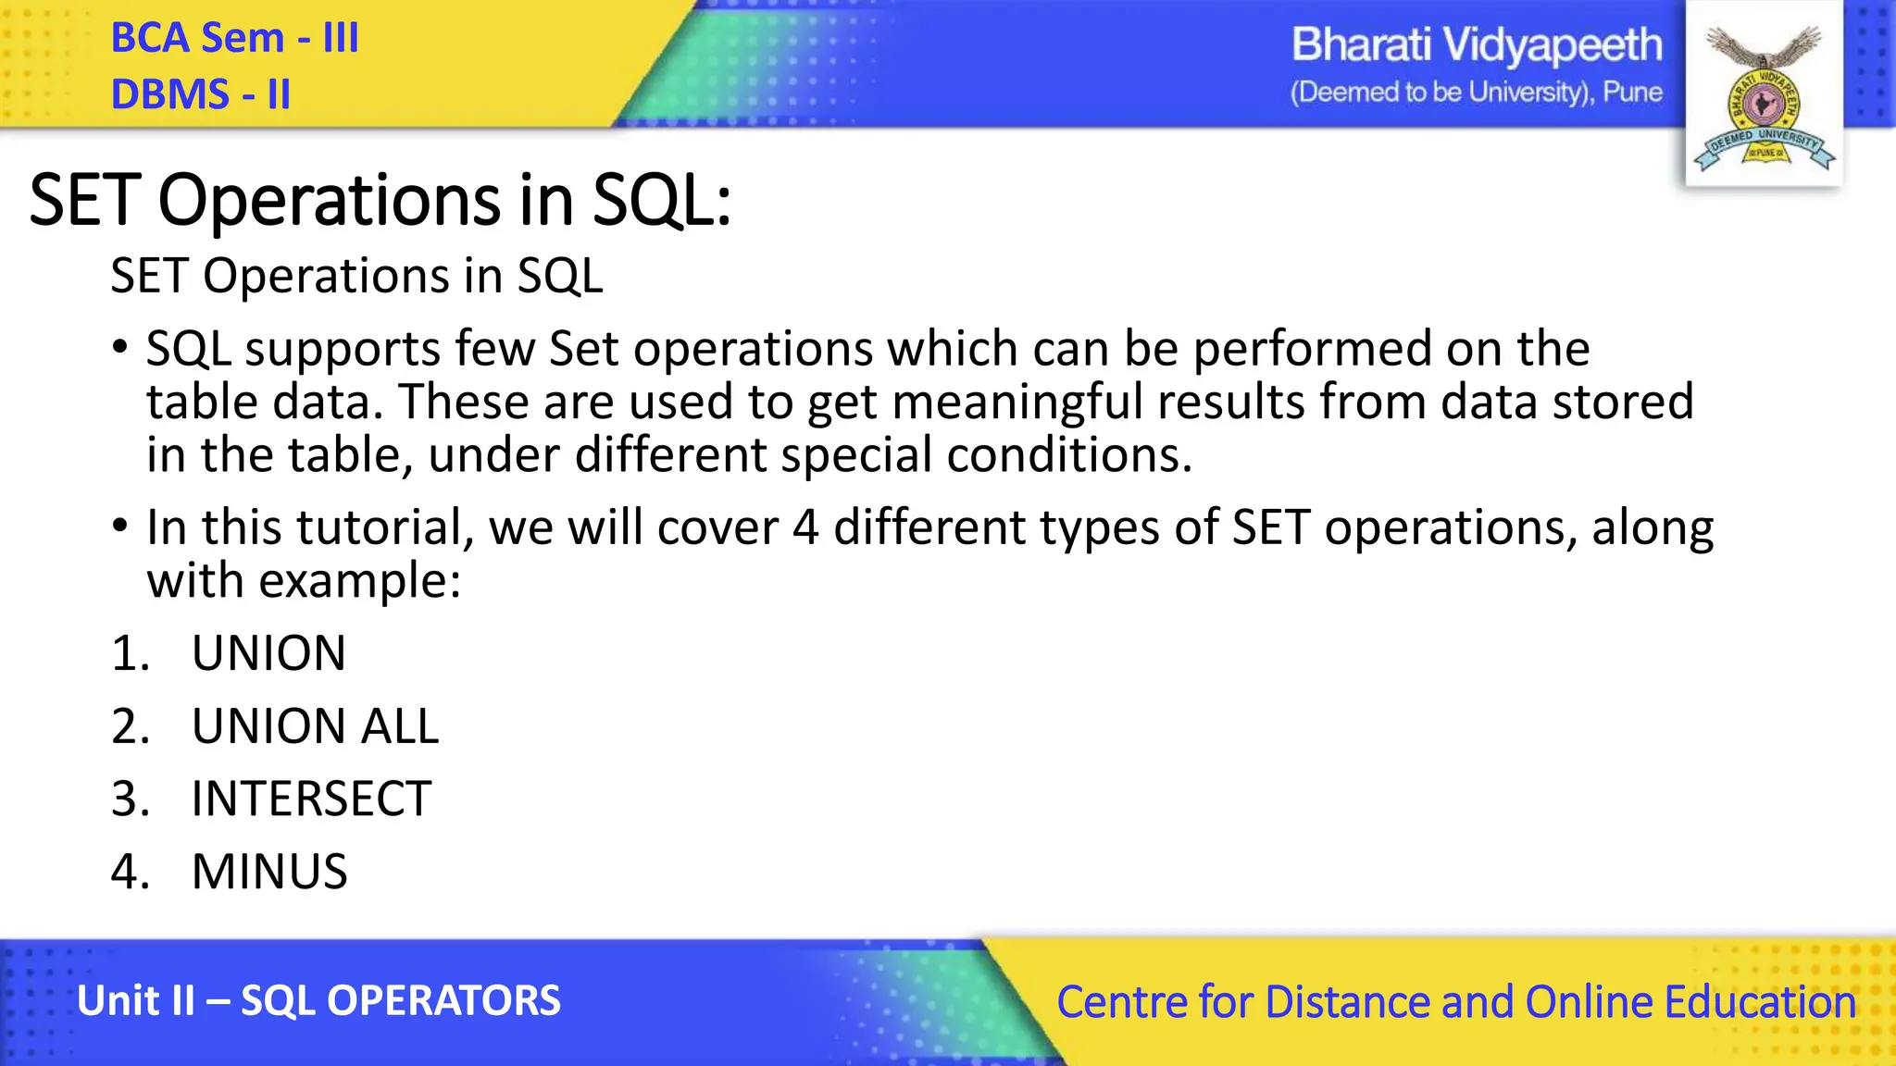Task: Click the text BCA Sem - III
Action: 234,39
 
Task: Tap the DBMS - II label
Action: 200,94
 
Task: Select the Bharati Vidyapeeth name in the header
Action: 1476,45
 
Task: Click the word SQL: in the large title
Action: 661,200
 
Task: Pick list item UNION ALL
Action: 315,726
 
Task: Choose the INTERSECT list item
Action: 311,799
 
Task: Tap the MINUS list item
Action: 269,872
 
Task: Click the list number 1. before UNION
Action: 130,653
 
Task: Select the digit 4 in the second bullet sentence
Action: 805,527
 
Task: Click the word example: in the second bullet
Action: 359,581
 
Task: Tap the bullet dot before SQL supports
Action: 119,349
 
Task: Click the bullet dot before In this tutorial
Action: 119,527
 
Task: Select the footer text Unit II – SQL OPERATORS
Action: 318,1001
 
